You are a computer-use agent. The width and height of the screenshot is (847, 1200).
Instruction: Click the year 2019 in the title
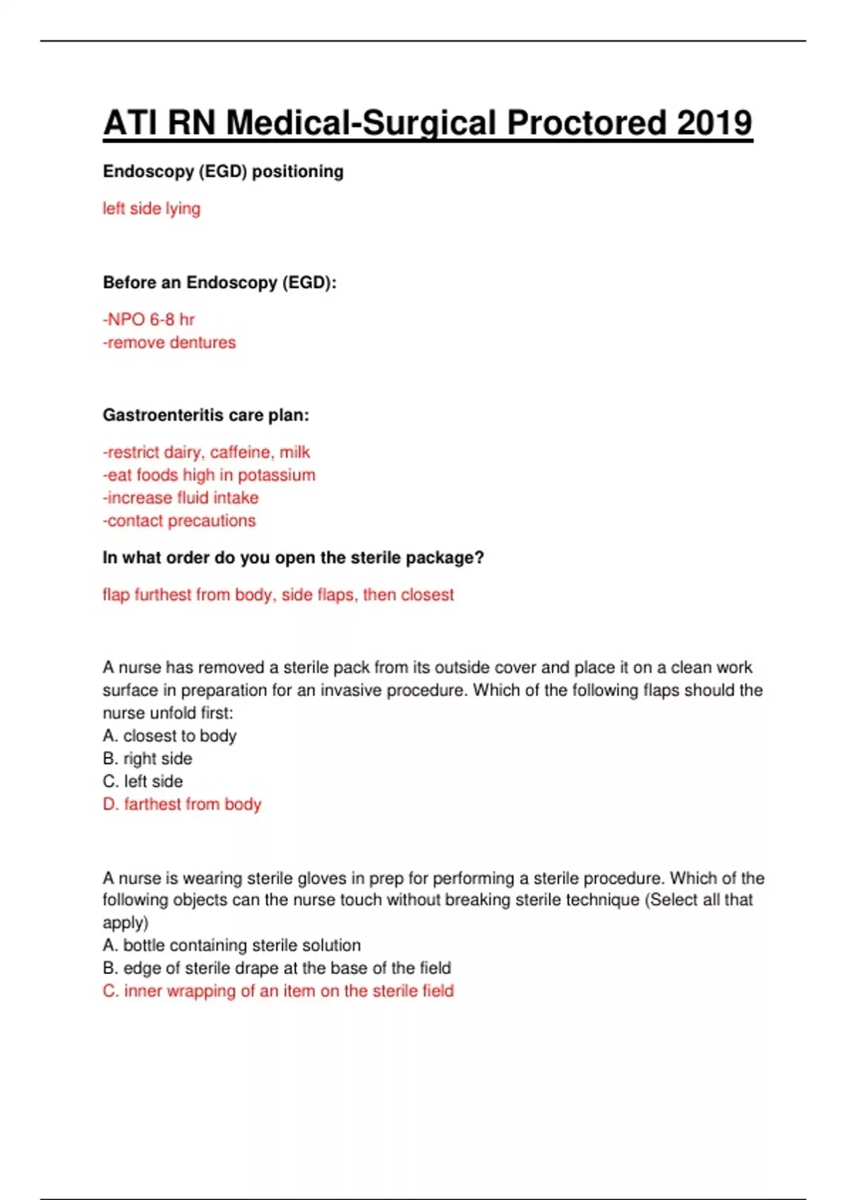[x=714, y=123]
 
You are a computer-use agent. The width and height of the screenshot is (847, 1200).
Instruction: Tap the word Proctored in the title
[x=586, y=123]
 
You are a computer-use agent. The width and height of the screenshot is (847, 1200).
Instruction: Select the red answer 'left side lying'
[x=152, y=208]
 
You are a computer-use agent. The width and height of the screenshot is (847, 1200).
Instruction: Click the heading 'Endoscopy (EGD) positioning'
[x=223, y=172]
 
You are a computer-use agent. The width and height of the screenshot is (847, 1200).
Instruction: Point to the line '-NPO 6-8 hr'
[x=149, y=320]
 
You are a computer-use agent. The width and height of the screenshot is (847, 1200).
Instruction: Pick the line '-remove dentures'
[x=169, y=342]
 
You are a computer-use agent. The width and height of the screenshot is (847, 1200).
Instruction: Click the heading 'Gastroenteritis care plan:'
[x=206, y=415]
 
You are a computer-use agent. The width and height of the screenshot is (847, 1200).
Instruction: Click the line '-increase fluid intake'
[x=181, y=498]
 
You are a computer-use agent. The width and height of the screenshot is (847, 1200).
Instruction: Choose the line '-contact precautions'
[x=179, y=521]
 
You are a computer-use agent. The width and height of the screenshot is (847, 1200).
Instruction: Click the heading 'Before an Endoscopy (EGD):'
[x=220, y=282]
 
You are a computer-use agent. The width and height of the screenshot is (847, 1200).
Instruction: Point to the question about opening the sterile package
[x=293, y=558]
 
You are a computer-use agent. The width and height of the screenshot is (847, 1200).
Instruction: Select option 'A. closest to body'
[x=169, y=736]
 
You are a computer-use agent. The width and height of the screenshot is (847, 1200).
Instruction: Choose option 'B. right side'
[x=148, y=759]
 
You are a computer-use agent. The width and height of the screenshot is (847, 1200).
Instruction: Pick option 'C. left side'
[x=143, y=781]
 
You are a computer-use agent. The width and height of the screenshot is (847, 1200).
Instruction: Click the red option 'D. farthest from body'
[x=182, y=804]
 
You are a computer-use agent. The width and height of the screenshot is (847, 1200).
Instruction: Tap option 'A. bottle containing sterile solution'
[x=232, y=945]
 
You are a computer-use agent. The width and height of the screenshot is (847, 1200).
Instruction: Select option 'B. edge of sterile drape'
[x=277, y=968]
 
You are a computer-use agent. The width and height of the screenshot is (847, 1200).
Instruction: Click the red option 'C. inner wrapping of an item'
[x=278, y=991]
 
